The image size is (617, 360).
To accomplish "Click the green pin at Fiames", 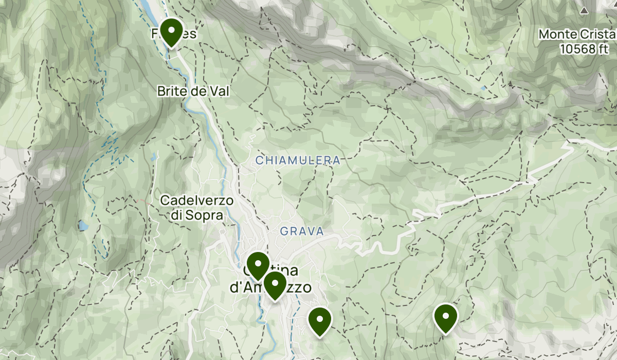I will [171, 32].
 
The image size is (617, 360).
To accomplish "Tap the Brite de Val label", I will [193, 91].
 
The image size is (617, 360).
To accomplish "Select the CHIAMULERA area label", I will [298, 160].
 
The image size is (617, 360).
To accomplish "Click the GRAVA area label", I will [302, 231].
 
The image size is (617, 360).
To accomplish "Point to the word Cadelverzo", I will [197, 200].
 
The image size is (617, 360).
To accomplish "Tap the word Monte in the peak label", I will [556, 34].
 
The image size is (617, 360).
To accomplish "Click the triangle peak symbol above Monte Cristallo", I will [584, 10].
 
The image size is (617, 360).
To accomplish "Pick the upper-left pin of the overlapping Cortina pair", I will [258, 265].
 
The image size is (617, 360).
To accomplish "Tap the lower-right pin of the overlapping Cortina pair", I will [275, 284].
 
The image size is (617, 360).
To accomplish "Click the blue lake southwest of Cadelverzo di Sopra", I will [83, 225].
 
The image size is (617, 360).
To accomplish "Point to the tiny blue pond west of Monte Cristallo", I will [483, 88].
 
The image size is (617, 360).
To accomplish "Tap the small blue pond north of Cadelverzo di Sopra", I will [153, 156].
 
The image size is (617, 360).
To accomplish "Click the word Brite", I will [170, 91].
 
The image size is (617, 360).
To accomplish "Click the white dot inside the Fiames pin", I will [171, 30].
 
